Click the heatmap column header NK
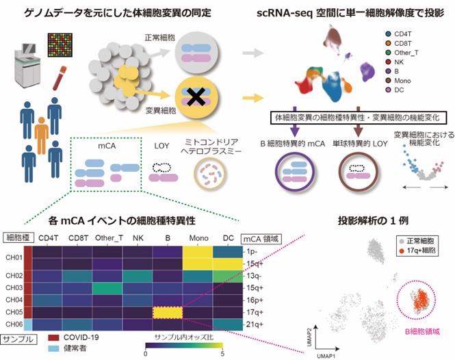click(138, 239)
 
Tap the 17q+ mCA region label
click(255, 311)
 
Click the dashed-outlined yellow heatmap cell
click(168, 311)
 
